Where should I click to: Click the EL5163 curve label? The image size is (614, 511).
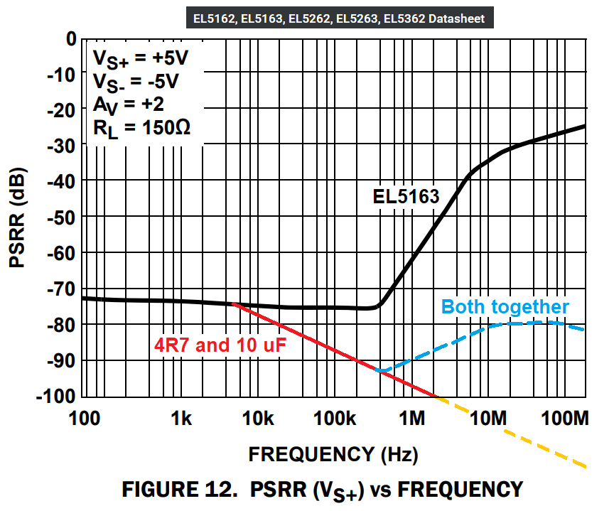pos(406,197)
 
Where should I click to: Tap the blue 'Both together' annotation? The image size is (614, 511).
pos(505,307)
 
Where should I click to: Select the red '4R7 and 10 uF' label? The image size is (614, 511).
pos(217,347)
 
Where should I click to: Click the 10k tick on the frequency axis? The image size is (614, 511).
pos(259,420)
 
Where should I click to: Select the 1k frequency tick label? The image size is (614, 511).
pos(182,420)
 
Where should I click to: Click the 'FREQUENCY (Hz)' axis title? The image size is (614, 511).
pos(333,453)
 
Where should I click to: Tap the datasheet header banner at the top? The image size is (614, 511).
pos(340,18)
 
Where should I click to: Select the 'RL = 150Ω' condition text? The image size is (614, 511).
pos(142,129)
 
